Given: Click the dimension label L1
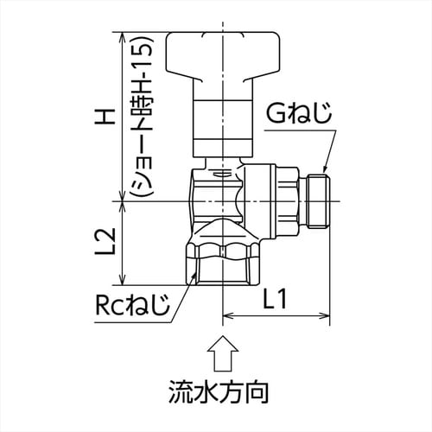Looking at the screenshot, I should [277, 301].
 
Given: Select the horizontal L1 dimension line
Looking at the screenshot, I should [276, 317].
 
